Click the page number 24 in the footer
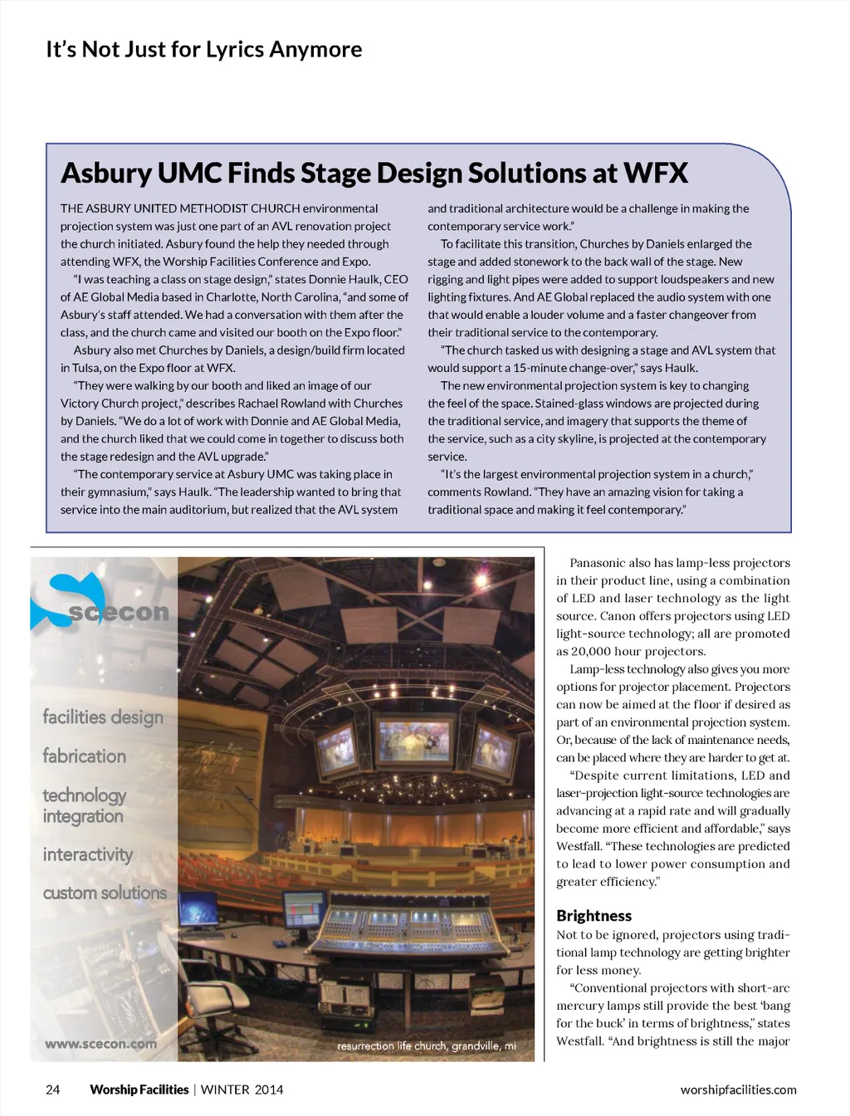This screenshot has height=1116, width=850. [x=52, y=1089]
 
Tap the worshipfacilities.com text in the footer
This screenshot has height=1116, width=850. [x=738, y=1089]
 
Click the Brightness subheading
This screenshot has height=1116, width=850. [x=594, y=916]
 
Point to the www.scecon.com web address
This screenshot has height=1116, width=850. [x=100, y=1044]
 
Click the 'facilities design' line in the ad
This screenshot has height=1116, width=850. [x=103, y=717]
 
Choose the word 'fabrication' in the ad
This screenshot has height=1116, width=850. [x=85, y=756]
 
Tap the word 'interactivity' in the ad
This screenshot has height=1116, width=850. [x=88, y=854]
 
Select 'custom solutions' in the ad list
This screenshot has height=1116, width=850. [x=105, y=893]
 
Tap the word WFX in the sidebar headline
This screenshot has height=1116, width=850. [x=655, y=173]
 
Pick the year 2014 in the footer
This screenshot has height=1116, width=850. [x=268, y=1089]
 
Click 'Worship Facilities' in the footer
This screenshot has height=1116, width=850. [x=139, y=1089]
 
